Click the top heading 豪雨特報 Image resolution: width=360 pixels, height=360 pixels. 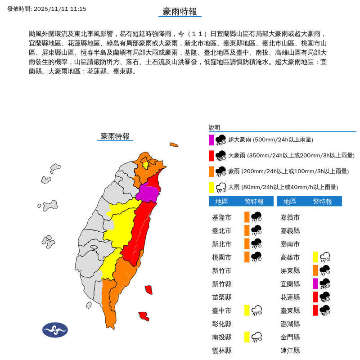point(180,12)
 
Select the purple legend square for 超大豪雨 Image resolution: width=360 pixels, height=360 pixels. point(211,139)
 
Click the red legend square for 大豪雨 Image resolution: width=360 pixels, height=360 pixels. point(211,156)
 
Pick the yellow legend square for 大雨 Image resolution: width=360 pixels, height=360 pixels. point(211,187)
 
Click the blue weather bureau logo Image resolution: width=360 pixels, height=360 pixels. point(55,330)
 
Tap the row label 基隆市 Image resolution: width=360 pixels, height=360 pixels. point(222,217)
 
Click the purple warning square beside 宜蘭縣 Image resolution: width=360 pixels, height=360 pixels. point(315,283)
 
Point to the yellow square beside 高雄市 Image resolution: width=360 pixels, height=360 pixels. point(315,257)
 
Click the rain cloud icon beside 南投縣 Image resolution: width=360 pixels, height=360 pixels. point(257,337)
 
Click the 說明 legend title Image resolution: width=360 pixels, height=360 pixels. point(214,128)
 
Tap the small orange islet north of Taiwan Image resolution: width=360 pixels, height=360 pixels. point(174,145)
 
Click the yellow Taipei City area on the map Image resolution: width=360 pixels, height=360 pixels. point(145,164)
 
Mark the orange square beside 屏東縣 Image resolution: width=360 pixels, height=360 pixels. point(315,270)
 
